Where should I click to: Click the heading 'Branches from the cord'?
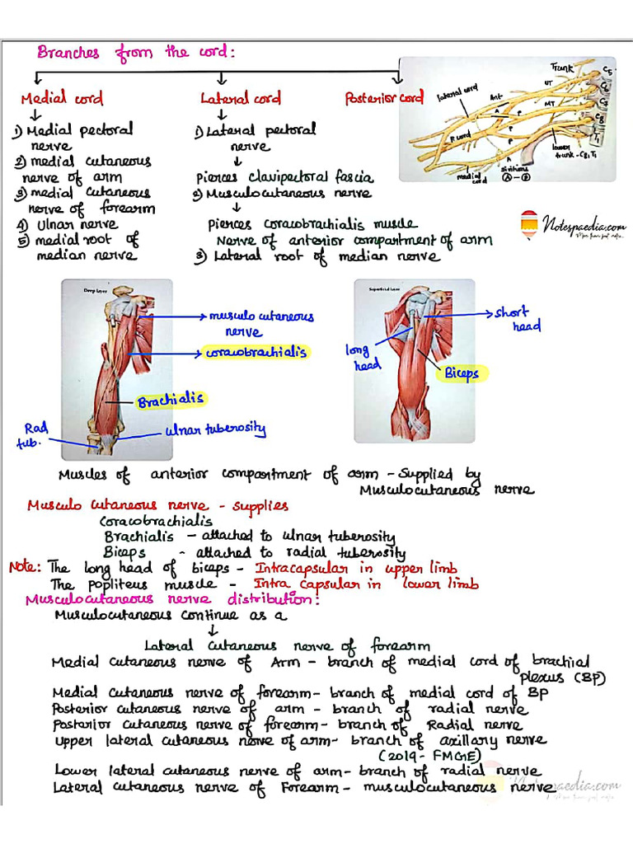pyautogui.click(x=136, y=52)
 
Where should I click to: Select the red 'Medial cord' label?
pyautogui.click(x=62, y=99)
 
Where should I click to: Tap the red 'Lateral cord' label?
pyautogui.click(x=241, y=99)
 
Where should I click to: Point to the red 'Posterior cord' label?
pyautogui.click(x=384, y=98)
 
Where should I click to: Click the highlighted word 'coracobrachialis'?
pyautogui.click(x=256, y=352)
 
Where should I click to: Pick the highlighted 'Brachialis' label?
pyautogui.click(x=171, y=402)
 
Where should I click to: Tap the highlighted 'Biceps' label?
pyautogui.click(x=462, y=373)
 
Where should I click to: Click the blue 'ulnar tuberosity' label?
pyautogui.click(x=215, y=430)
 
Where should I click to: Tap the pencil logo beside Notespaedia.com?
pyautogui.click(x=529, y=223)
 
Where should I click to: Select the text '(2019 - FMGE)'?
pyautogui.click(x=421, y=756)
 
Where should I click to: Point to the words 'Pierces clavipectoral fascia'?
pyautogui.click(x=284, y=177)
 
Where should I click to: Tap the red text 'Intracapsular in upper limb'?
pyautogui.click(x=356, y=569)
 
